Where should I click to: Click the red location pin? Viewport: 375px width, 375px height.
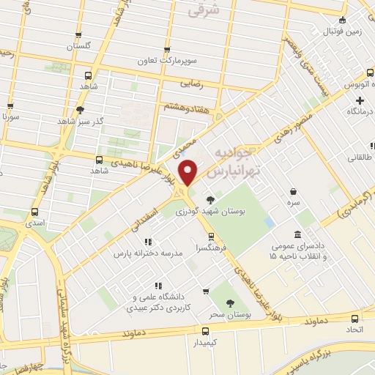point(189,173)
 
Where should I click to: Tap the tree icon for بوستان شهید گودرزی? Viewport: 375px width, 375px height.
point(211,198)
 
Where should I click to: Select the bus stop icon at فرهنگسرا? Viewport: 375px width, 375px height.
point(211,236)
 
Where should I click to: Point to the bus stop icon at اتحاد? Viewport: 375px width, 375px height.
point(355,319)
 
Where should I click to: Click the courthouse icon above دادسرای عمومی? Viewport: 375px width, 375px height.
point(297,234)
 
